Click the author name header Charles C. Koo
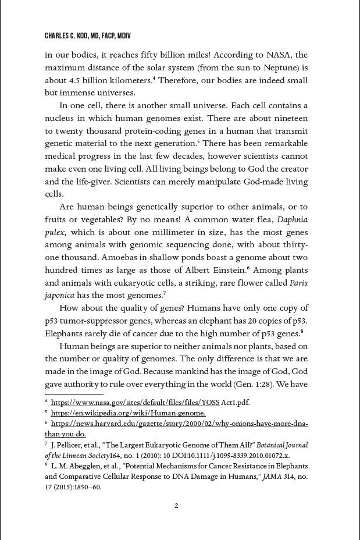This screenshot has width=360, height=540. tap(87, 36)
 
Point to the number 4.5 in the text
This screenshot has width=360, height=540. tap(75, 80)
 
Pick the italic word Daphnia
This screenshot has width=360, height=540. tap(293, 219)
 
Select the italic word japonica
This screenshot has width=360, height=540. tap(60, 295)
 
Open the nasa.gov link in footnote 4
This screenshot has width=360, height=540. tap(150, 402)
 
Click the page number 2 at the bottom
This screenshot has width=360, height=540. tap(177, 506)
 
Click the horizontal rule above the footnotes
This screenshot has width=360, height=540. tap(74, 395)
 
